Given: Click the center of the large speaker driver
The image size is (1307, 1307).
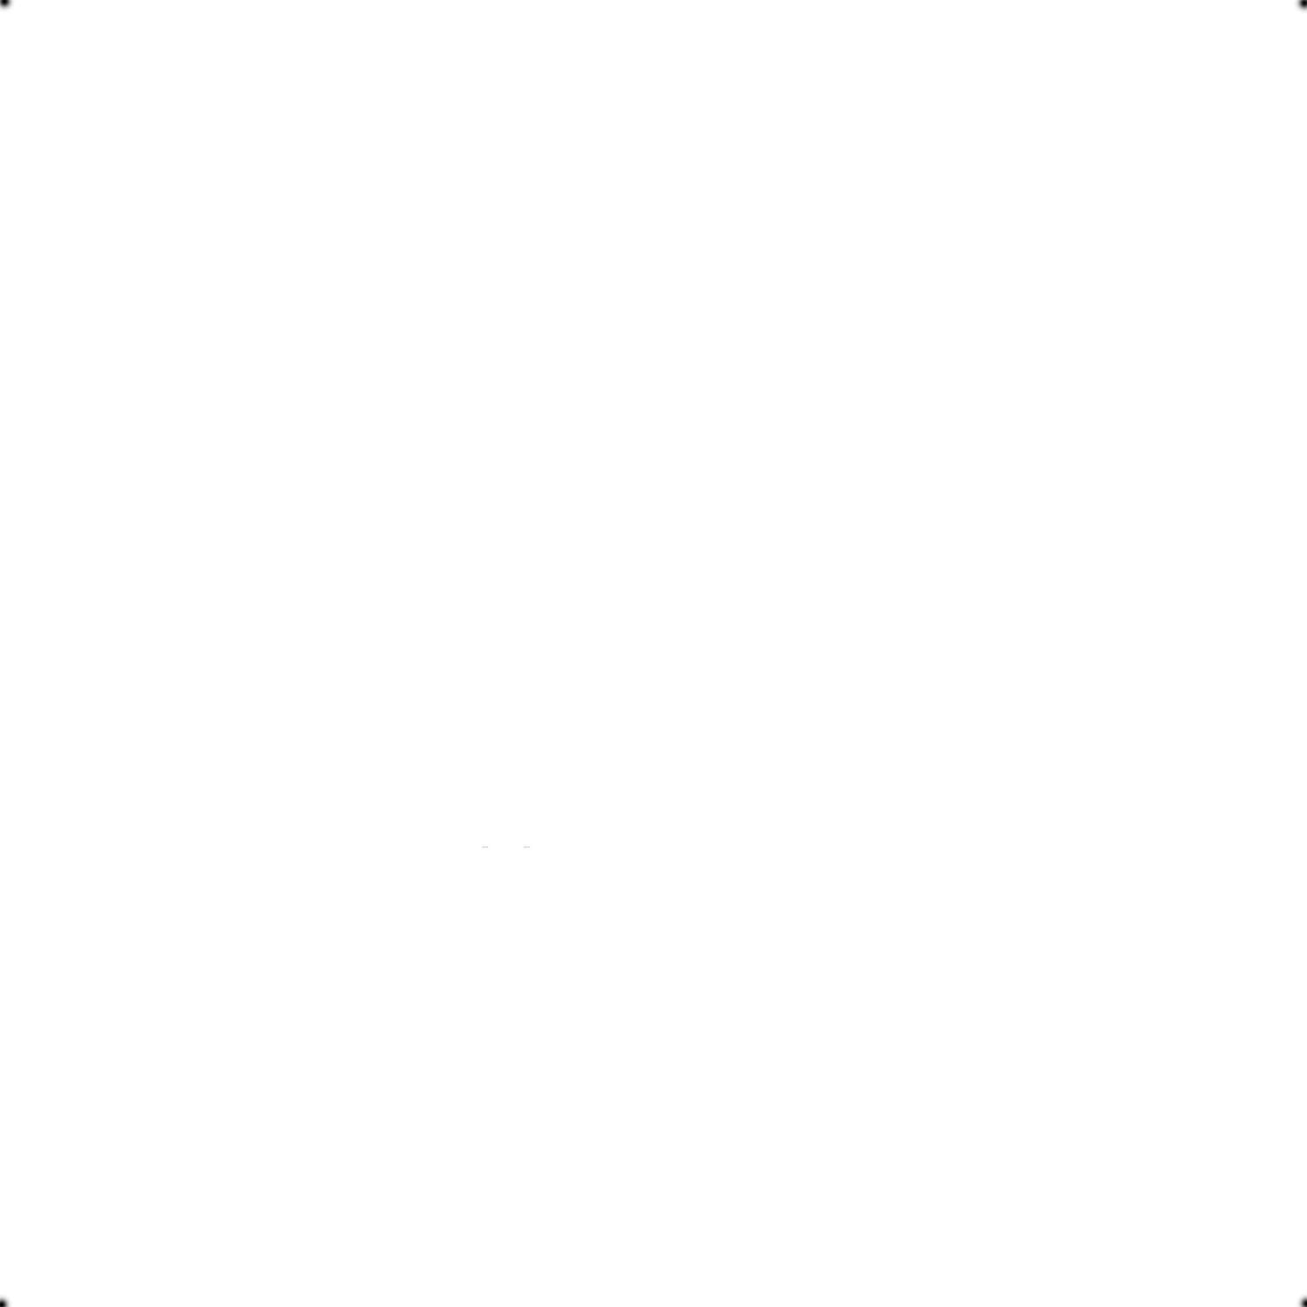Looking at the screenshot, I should [509, 444].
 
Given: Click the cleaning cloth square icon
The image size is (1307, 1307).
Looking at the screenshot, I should [1070, 332].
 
